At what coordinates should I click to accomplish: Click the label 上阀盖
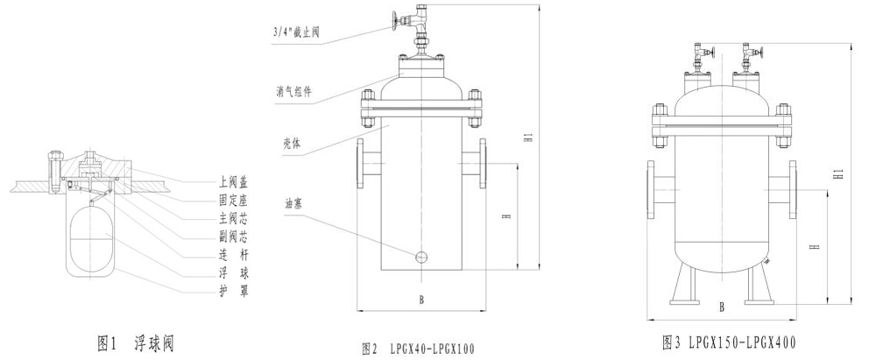pos(234,181)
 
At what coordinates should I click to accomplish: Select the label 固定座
pos(234,200)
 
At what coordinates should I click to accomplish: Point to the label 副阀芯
pos(234,236)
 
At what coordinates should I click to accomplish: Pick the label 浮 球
pos(234,273)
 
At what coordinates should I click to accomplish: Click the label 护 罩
pos(234,292)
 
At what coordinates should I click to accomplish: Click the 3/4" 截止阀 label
pos(296,32)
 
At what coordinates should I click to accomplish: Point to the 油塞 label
pos(293,205)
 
